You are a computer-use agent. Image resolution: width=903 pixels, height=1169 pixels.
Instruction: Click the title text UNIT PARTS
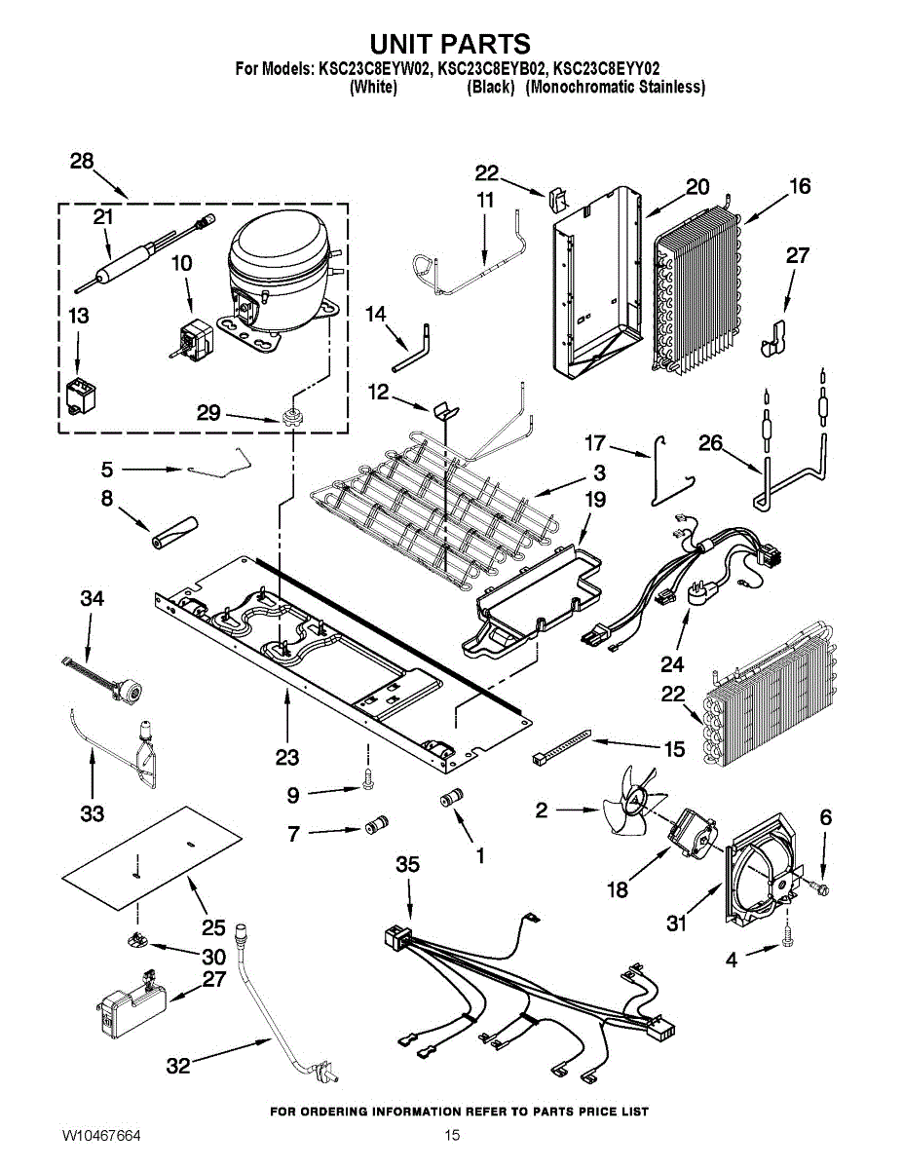click(450, 44)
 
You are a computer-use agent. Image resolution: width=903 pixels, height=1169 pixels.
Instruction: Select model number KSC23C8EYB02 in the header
click(492, 69)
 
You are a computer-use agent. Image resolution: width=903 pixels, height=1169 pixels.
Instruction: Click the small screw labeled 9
click(366, 779)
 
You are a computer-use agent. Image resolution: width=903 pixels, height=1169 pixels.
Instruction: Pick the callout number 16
click(799, 186)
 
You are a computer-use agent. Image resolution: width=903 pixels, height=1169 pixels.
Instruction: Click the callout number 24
click(672, 665)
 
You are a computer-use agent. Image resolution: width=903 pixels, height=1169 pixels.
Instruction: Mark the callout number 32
click(178, 1066)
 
